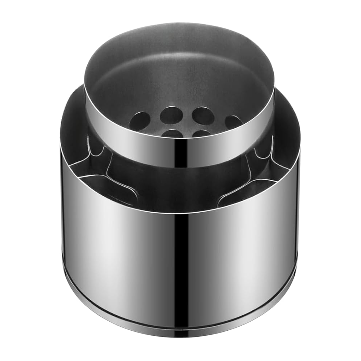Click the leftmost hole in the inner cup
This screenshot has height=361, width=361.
click(140, 121)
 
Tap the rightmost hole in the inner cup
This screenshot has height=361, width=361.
click(233, 121)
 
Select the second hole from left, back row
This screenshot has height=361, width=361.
click(171, 115)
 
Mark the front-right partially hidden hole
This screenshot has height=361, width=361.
click(201, 133)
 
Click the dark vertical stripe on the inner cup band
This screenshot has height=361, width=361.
click(180, 152)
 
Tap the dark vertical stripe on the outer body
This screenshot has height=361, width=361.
click(179, 260)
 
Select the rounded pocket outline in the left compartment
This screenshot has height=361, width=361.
click(116, 188)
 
